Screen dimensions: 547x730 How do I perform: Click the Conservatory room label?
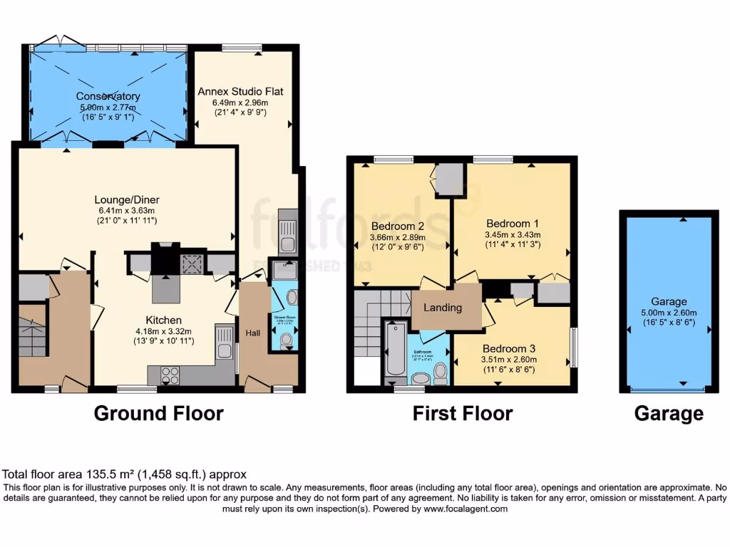pos(108,96)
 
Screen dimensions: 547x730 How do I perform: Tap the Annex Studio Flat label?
pos(241,91)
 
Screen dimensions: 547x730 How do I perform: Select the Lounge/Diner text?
pos(125,199)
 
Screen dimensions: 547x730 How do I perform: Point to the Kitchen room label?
pos(164,320)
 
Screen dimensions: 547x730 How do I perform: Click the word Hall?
pos(253,332)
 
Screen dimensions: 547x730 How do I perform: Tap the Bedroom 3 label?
pos(509,348)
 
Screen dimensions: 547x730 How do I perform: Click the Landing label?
pos(443,308)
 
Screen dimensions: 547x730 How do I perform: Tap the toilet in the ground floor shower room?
pos(287,340)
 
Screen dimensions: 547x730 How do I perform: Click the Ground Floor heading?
pos(158,413)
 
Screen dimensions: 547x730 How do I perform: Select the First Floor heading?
pos(463,413)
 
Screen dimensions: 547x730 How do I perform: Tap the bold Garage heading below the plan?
pos(669,413)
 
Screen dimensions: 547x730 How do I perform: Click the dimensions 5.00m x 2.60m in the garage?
pos(669,312)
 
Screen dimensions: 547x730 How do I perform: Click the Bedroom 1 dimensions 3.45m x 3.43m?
pos(513,234)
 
